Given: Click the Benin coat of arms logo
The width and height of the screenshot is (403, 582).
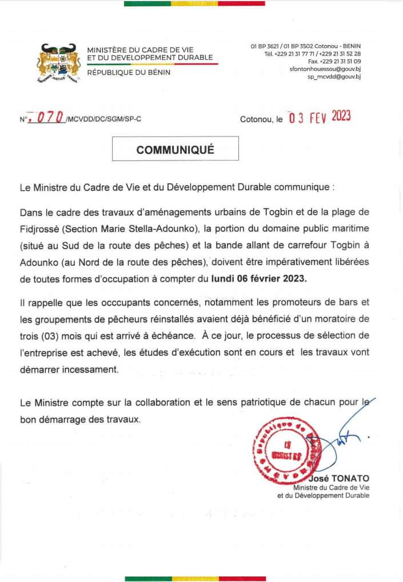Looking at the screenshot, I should [x=58, y=62].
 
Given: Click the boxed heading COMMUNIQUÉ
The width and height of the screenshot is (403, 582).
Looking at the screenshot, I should [x=175, y=150].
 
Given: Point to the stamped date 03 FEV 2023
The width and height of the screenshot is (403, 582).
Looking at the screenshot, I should [x=319, y=117].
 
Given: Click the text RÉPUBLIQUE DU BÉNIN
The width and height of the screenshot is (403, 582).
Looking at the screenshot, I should [x=129, y=72].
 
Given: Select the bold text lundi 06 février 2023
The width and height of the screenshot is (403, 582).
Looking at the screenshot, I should [x=258, y=279].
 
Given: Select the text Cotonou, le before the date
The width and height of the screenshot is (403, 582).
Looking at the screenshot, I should [x=261, y=119].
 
